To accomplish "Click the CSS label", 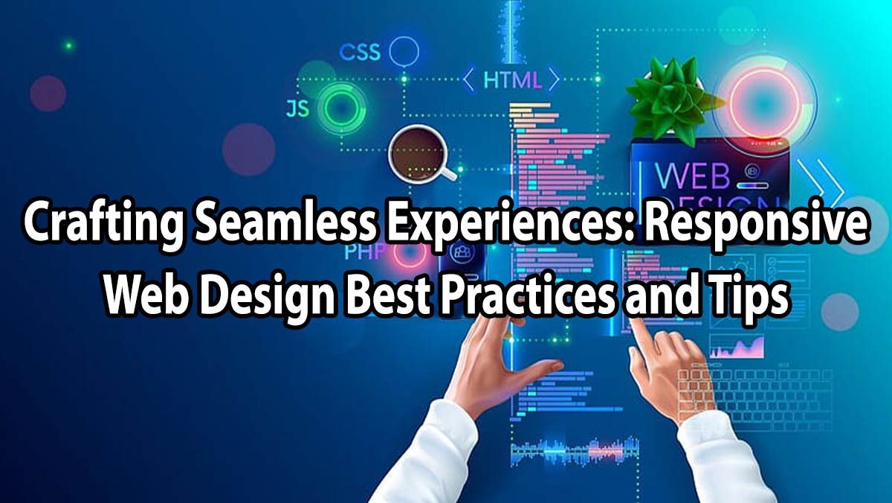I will [x=360, y=53].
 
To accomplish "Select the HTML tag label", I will [x=512, y=80].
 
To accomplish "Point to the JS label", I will [x=297, y=109].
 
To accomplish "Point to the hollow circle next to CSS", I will [x=404, y=52].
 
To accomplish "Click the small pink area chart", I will [x=736, y=346].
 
